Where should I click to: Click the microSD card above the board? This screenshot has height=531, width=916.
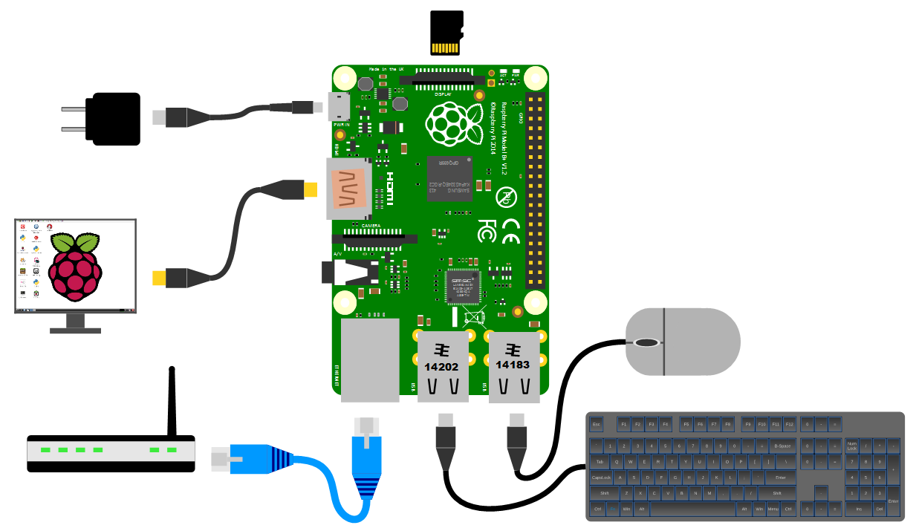[446, 33]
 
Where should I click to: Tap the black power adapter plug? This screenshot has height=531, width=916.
[112, 119]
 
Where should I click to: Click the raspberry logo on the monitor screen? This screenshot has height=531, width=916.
[74, 266]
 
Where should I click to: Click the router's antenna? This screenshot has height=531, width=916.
[172, 401]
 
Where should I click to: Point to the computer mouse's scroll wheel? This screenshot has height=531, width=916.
[646, 342]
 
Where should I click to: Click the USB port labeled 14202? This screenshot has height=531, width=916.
[442, 366]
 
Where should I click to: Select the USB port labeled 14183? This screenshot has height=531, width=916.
[513, 365]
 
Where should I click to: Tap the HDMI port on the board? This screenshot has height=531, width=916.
[348, 189]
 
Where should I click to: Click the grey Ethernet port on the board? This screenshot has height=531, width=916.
[369, 359]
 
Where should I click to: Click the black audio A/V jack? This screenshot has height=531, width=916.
[349, 273]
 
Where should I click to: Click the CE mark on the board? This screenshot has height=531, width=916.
[511, 231]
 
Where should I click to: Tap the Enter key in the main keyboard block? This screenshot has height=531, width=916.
[779, 478]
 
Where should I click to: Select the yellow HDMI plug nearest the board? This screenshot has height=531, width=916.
[309, 190]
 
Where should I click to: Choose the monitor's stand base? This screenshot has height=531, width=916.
[74, 327]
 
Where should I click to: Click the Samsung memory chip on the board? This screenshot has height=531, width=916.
[449, 178]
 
